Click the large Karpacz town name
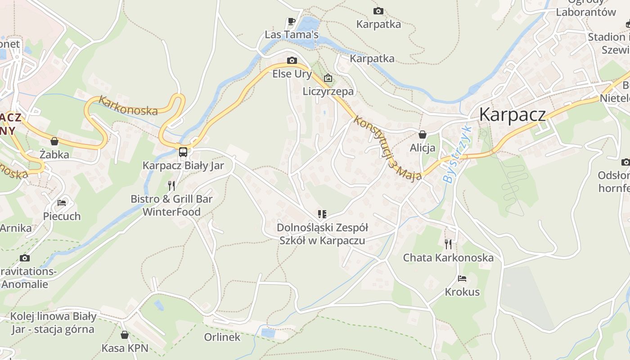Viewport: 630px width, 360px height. (x=513, y=115)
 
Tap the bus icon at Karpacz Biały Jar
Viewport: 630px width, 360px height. (x=183, y=152)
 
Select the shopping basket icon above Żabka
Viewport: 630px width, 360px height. (x=54, y=141)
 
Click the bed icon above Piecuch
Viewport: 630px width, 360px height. (x=62, y=203)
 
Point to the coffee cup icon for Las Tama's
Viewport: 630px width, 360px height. (x=291, y=21)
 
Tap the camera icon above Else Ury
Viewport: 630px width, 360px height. (x=292, y=60)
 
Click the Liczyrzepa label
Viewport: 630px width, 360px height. (x=328, y=91)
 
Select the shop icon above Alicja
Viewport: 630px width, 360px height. (x=423, y=134)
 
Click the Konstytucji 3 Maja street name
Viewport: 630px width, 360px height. (x=387, y=148)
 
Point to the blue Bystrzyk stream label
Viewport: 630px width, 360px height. (x=457, y=154)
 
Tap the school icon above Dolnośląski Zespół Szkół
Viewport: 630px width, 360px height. (x=322, y=214)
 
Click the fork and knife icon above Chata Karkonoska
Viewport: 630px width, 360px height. (x=448, y=244)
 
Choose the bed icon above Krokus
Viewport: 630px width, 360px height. (x=462, y=279)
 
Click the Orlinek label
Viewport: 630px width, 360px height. (x=222, y=337)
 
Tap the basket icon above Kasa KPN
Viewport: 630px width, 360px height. (x=125, y=335)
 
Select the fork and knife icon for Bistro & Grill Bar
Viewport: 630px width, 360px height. (x=171, y=185)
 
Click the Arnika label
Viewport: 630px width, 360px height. (x=16, y=228)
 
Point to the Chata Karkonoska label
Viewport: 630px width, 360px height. (x=448, y=258)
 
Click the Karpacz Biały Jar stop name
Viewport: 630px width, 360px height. (x=183, y=166)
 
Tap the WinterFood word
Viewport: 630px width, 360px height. (x=171, y=211)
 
